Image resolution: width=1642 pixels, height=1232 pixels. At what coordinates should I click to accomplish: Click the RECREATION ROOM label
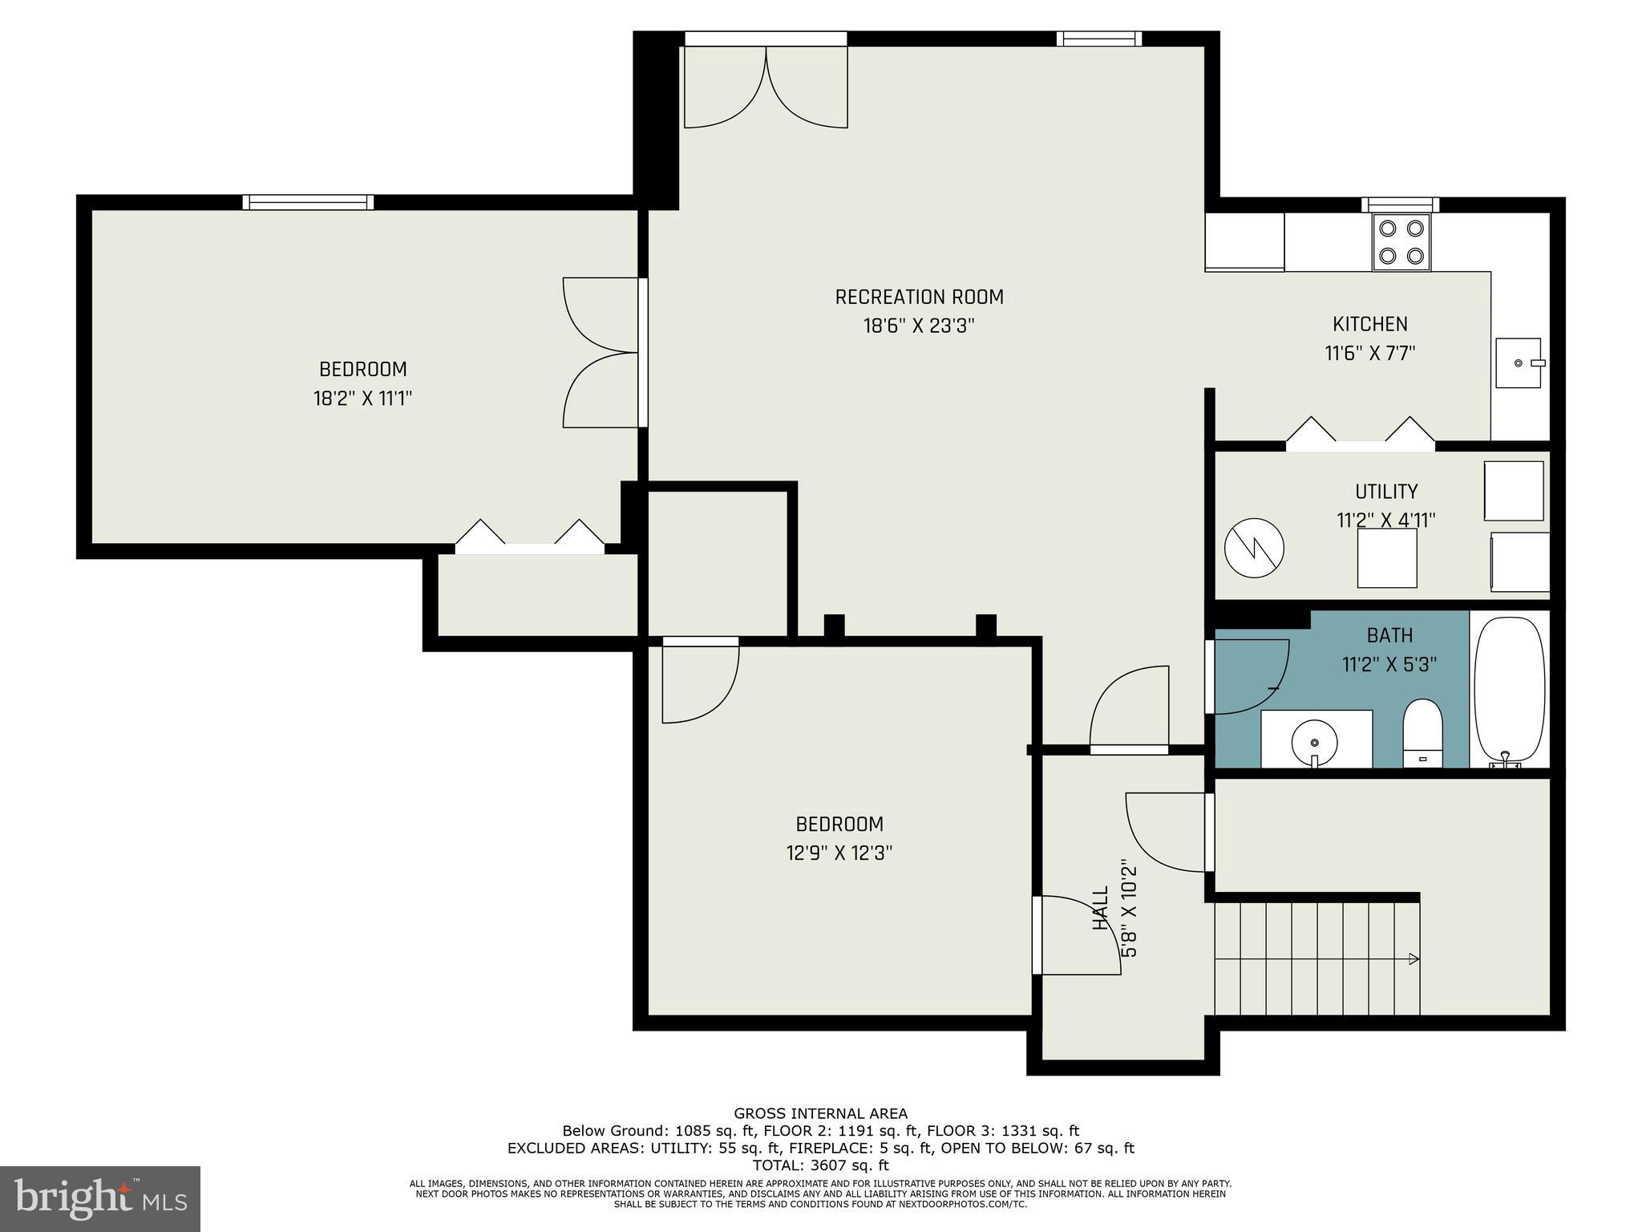(919, 298)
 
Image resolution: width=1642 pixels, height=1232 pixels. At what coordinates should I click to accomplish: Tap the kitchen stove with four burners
(1401, 242)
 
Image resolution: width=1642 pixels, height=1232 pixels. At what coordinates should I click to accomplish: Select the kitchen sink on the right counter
(1519, 363)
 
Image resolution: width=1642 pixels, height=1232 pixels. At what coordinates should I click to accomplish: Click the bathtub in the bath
(1510, 688)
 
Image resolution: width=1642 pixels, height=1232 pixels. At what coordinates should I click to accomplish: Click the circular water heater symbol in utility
(1254, 549)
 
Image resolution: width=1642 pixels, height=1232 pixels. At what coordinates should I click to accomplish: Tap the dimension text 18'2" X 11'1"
(362, 399)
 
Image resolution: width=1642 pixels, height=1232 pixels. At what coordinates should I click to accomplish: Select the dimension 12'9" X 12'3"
(839, 853)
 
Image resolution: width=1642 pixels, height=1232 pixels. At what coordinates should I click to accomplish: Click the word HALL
(1101, 908)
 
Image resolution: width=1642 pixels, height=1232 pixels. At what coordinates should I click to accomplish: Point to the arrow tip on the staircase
(1414, 958)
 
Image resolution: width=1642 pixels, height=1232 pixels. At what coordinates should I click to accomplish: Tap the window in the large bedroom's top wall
(309, 202)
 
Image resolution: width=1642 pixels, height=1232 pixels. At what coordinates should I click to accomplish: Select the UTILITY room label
(1386, 492)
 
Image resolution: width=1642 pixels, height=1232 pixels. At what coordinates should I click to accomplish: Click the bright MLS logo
(100, 1198)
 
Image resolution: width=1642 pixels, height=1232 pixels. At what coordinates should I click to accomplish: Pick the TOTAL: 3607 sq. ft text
(820, 1165)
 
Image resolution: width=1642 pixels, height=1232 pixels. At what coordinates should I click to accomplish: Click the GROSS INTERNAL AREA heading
(820, 1113)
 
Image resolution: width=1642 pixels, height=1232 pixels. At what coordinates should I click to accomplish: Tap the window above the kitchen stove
(1400, 205)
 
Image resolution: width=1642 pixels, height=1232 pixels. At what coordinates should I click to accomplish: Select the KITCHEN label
(1369, 324)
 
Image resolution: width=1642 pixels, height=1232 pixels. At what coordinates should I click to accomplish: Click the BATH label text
(1389, 636)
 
